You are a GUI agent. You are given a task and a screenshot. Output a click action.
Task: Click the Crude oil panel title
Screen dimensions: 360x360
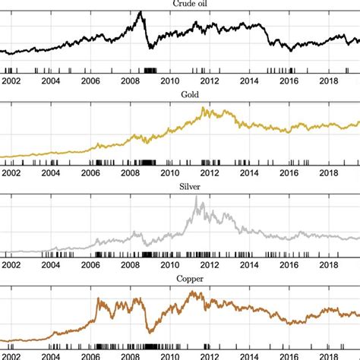180,4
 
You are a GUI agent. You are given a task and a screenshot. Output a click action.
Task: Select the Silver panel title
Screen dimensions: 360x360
180,187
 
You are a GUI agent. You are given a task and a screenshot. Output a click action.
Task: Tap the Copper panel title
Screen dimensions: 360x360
180,278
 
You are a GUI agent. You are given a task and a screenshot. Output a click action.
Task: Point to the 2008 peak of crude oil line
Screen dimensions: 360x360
140,12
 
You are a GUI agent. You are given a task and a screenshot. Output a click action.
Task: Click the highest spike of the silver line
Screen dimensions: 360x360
197,197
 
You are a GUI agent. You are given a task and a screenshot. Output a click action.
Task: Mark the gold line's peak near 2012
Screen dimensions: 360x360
204,109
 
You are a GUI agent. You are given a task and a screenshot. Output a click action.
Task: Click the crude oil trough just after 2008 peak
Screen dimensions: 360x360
150,48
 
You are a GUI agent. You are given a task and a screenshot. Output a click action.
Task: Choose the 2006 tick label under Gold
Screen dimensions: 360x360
90,173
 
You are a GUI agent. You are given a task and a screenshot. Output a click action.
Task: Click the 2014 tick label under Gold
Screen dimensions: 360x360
249,173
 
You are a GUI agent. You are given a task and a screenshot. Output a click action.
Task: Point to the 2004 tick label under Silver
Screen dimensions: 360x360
50,264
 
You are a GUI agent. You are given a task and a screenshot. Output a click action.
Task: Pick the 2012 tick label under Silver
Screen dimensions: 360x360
210,264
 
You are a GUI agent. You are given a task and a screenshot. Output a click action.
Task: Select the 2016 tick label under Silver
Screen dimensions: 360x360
289,264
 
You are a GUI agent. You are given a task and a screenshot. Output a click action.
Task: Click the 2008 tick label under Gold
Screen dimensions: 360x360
130,173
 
